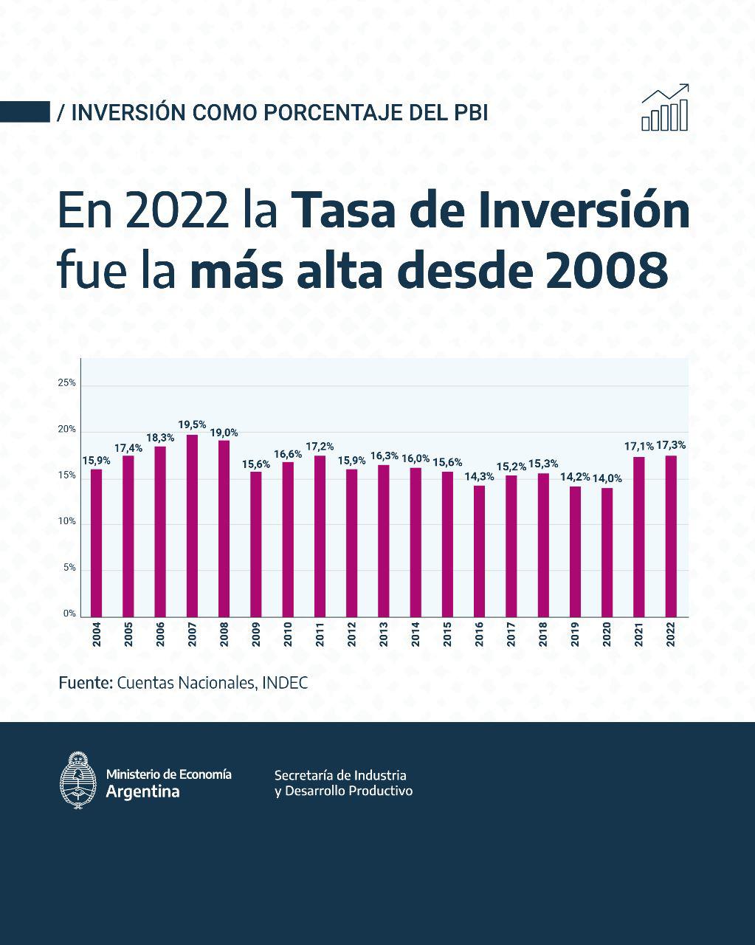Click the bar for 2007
(192, 526)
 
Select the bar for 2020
(607, 552)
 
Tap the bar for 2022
(670, 536)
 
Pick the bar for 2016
(479, 551)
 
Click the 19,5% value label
(192, 425)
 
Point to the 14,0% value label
(607, 478)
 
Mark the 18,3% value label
(160, 437)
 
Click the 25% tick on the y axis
(66, 383)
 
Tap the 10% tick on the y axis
(66, 522)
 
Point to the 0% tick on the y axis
(69, 614)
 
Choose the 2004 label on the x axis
(97, 635)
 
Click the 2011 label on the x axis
(320, 635)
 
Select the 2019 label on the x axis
(575, 635)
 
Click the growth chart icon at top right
(665, 108)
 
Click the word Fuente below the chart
(85, 683)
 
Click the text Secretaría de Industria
(340, 775)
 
